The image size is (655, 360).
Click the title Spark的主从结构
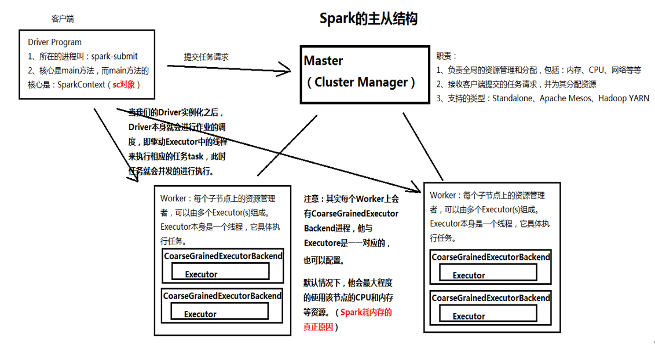368,19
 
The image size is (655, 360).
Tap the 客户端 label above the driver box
63,19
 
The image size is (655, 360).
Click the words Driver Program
54,42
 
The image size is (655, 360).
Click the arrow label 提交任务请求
206,57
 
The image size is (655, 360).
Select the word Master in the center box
323,61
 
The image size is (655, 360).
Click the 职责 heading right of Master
446,56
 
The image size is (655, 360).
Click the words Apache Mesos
565,98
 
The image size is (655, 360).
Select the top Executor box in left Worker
219,272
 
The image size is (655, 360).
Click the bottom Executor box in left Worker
219,312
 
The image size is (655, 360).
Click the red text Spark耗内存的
365,313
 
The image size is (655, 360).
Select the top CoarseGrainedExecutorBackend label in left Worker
223,256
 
